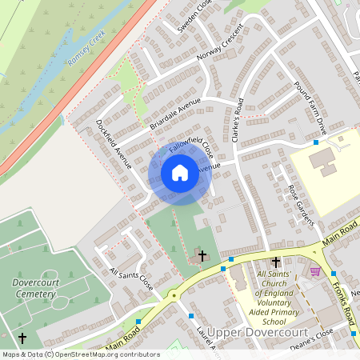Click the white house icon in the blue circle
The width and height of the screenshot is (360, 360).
(180, 173)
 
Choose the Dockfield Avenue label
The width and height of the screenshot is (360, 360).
(113, 145)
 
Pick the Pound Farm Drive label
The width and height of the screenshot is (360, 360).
(311, 107)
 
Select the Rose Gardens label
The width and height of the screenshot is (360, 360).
(298, 203)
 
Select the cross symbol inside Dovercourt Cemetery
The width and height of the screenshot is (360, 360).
(22, 338)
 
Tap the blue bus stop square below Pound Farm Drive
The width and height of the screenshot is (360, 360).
(316, 142)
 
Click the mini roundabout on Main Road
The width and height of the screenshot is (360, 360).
(174, 294)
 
